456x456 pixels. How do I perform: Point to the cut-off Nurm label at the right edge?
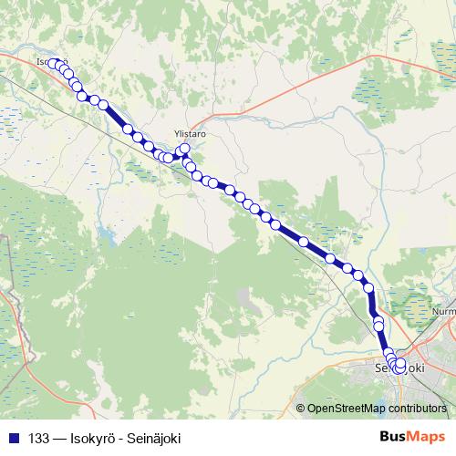pyautogui.click(x=444, y=311)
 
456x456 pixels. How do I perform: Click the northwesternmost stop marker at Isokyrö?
pyautogui.click(x=53, y=64)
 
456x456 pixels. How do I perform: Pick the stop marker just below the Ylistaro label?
pyautogui.click(x=185, y=148)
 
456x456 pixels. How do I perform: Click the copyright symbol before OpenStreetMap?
pyautogui.click(x=301, y=409)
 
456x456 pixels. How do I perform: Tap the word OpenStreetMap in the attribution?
pyautogui.click(x=345, y=409)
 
